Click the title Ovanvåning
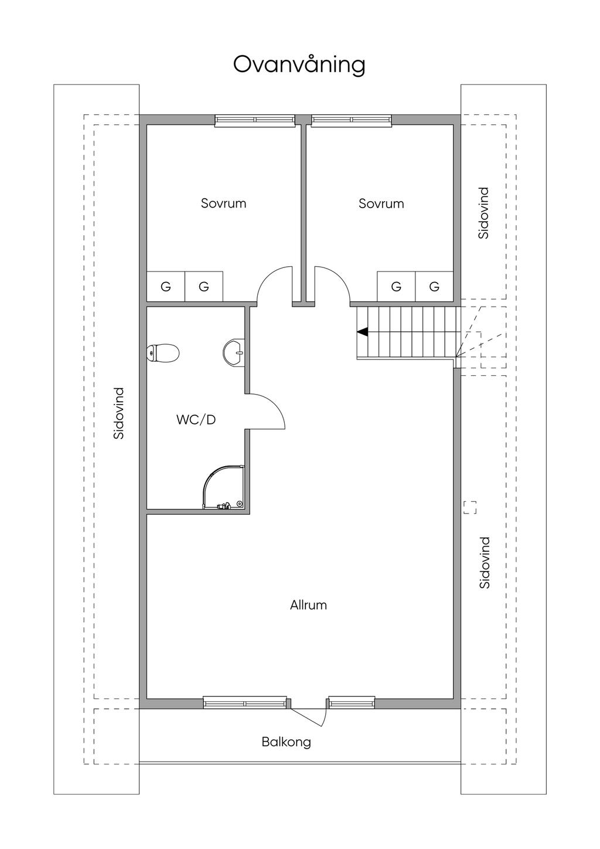299,66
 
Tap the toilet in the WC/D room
162,353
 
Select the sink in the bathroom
234,352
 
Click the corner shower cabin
223,487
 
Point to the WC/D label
196,420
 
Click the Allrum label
308,605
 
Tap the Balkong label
286,742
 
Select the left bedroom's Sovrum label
223,203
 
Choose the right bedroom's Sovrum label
381,203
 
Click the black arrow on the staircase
363,332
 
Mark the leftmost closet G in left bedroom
166,287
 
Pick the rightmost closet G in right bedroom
434,287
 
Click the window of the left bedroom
255,120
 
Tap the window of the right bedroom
351,120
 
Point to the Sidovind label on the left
119,413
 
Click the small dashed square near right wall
470,507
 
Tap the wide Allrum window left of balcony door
245,702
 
